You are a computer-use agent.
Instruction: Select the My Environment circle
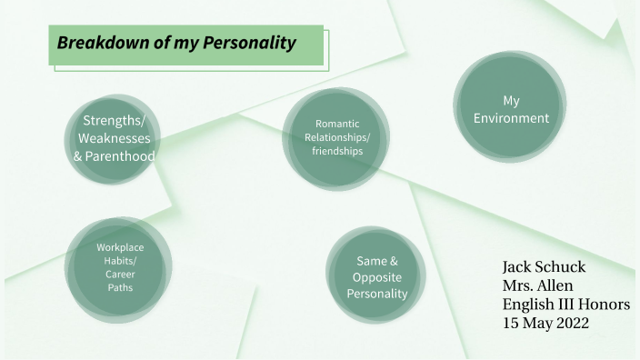tap(511, 108)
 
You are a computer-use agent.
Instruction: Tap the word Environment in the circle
tap(511, 118)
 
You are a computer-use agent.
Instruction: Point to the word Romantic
tap(337, 124)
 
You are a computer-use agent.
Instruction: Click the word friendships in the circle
tap(337, 151)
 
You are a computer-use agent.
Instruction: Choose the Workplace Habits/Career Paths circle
tap(119, 266)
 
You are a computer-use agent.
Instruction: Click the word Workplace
tap(120, 247)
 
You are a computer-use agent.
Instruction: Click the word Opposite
tap(377, 277)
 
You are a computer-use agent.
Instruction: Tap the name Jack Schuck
tap(544, 267)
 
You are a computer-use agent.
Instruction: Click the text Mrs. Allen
tap(537, 285)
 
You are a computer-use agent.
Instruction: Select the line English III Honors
tap(565, 304)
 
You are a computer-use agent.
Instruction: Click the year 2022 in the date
tap(569, 322)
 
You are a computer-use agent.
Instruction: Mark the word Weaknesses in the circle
tap(114, 138)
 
